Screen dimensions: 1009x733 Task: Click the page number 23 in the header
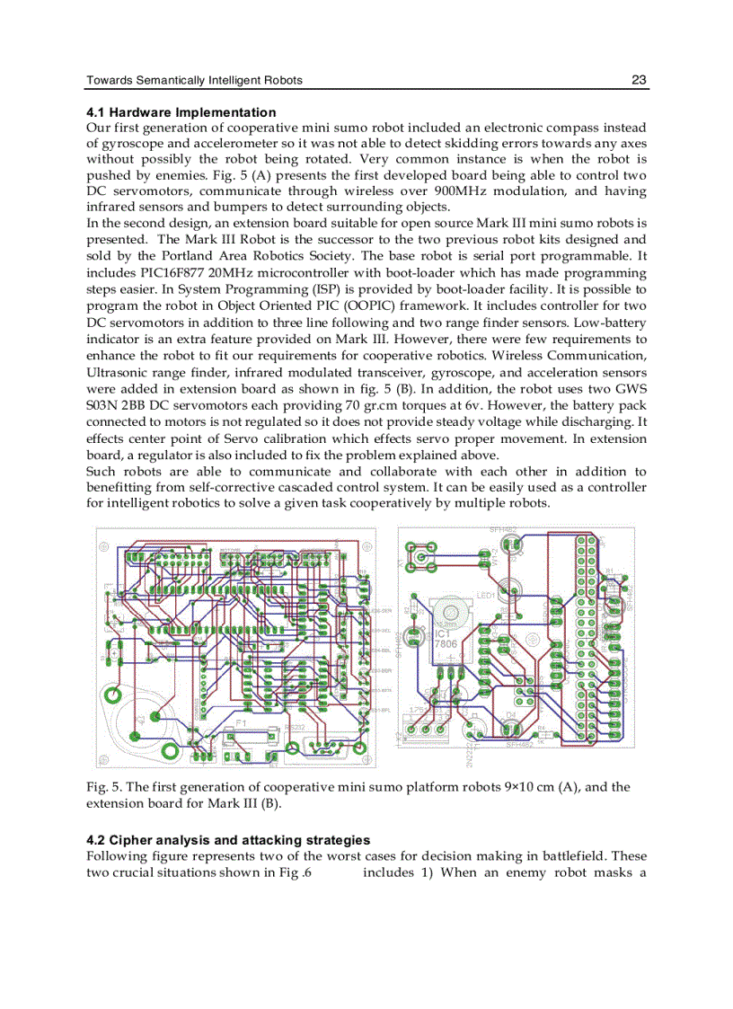click(x=639, y=80)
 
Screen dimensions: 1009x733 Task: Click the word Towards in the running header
click(x=110, y=80)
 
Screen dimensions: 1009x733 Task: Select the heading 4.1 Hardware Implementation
click(x=181, y=112)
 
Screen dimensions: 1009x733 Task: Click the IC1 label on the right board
click(x=445, y=634)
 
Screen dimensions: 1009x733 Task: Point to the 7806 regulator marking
click(x=446, y=645)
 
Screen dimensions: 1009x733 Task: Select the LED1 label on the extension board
click(x=486, y=595)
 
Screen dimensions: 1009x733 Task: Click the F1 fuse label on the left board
click(x=241, y=721)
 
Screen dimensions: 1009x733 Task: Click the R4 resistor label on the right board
click(x=541, y=727)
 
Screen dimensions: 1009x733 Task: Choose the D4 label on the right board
click(x=510, y=714)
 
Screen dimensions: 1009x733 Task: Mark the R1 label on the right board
click(x=609, y=571)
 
